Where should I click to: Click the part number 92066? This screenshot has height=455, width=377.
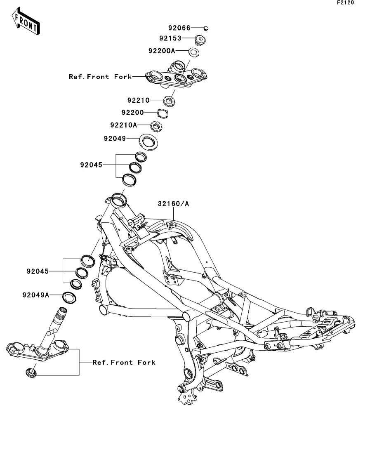click(179, 28)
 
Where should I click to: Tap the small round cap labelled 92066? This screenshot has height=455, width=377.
click(206, 28)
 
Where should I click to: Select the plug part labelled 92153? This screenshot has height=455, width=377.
click(200, 40)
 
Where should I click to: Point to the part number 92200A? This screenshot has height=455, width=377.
click(162, 51)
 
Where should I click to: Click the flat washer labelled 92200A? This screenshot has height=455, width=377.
click(193, 52)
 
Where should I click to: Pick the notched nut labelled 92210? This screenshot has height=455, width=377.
click(169, 101)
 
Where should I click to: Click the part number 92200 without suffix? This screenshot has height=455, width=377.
click(133, 112)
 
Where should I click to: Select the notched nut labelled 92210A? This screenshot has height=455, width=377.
click(156, 127)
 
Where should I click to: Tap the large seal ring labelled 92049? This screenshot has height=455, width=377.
click(148, 142)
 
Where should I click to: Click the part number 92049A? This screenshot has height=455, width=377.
click(36, 295)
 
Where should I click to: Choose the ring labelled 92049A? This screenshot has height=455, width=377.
click(69, 298)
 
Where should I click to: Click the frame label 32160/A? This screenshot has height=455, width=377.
click(173, 204)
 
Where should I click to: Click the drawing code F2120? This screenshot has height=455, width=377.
click(345, 2)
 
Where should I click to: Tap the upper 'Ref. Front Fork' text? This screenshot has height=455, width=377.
click(100, 77)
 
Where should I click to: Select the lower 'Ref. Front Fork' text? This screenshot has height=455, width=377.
click(124, 363)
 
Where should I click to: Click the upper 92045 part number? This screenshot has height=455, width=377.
click(92, 165)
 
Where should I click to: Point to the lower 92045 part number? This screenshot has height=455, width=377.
click(38, 271)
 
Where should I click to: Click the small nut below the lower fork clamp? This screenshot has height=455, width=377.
click(31, 372)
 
